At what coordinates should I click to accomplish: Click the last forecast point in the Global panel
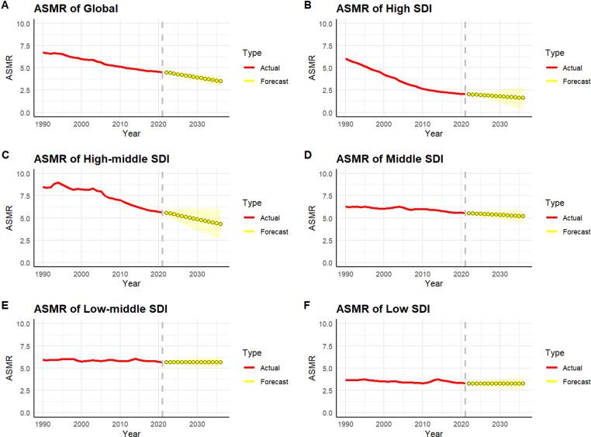(x=220, y=82)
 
